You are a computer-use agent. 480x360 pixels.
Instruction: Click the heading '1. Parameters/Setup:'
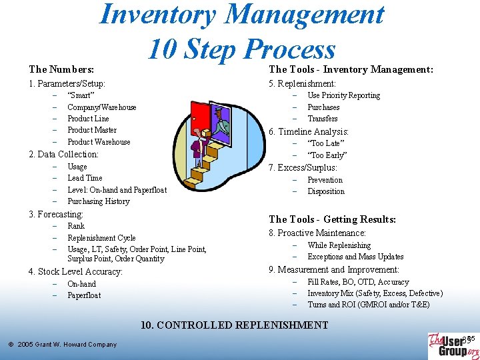(x=67, y=84)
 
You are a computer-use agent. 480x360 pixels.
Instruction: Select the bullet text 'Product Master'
(x=92, y=130)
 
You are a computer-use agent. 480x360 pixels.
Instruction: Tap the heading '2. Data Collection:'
(x=63, y=154)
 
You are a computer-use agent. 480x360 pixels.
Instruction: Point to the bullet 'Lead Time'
(x=85, y=178)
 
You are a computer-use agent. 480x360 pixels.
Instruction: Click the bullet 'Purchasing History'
(x=99, y=201)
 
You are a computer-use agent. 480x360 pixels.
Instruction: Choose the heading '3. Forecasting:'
(x=56, y=214)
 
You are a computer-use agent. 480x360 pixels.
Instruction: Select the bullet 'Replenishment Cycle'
(x=101, y=238)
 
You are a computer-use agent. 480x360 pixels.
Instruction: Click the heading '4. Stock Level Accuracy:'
(x=75, y=271)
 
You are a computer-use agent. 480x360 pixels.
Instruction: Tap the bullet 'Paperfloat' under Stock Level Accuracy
(x=84, y=295)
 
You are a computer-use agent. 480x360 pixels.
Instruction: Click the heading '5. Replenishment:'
(x=302, y=84)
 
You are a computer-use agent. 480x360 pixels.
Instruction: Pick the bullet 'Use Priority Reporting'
(x=343, y=95)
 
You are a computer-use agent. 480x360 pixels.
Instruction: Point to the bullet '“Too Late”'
(x=325, y=143)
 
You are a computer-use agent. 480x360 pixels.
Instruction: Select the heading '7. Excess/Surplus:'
(x=303, y=167)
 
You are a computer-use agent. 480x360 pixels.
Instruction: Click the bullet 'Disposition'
(x=326, y=191)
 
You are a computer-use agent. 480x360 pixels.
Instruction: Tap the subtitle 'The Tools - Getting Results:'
(x=332, y=219)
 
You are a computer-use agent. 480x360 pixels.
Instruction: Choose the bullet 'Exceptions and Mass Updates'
(x=355, y=257)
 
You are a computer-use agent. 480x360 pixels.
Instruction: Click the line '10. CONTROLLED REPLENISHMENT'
(x=234, y=325)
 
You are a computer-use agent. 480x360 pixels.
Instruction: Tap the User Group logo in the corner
(x=453, y=345)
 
